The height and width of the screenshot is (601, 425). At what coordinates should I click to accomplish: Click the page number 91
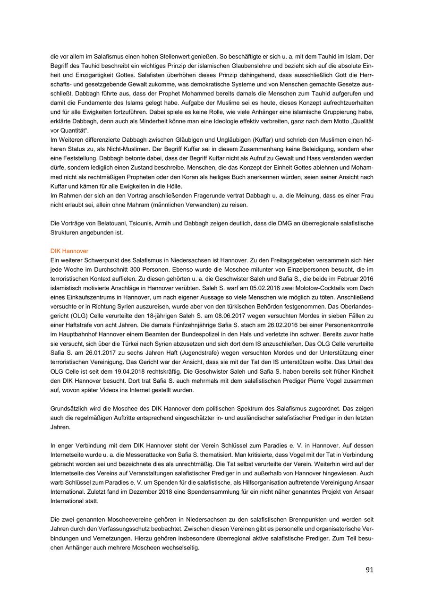[369, 570]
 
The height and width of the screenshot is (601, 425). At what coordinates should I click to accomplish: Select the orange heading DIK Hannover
[69, 251]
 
